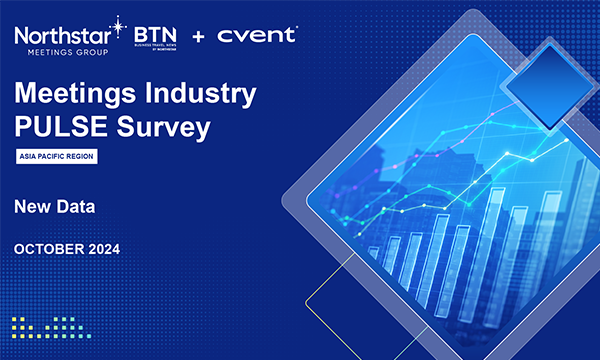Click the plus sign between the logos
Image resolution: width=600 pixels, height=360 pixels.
[x=198, y=36]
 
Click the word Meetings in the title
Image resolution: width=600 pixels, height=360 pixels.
[x=79, y=98]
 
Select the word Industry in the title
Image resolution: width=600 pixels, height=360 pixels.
[x=205, y=98]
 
